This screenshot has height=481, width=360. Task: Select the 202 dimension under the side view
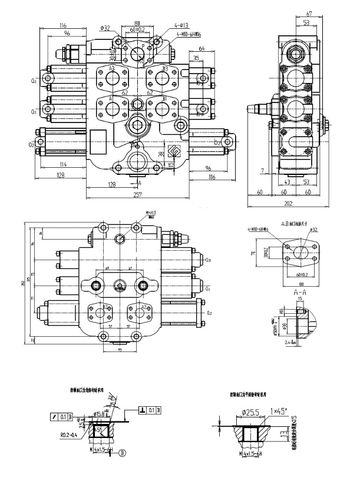[x=288, y=204]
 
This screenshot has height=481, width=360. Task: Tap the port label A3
[x=111, y=69]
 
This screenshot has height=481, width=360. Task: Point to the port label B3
[x=165, y=69]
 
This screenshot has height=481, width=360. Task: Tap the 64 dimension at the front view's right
[x=202, y=48]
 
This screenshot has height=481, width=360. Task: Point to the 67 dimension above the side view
[x=308, y=14]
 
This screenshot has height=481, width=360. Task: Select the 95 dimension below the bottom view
[x=120, y=350]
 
